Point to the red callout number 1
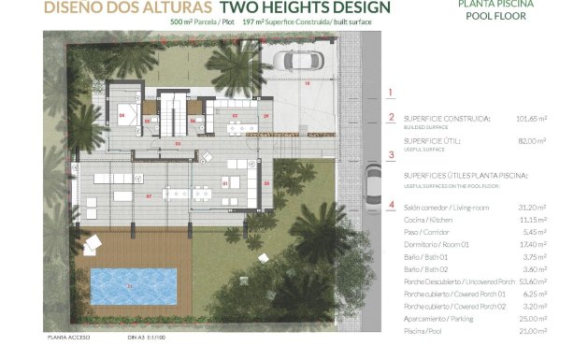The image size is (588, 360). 391,92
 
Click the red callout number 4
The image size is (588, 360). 391,205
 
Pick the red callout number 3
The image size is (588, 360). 391,155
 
